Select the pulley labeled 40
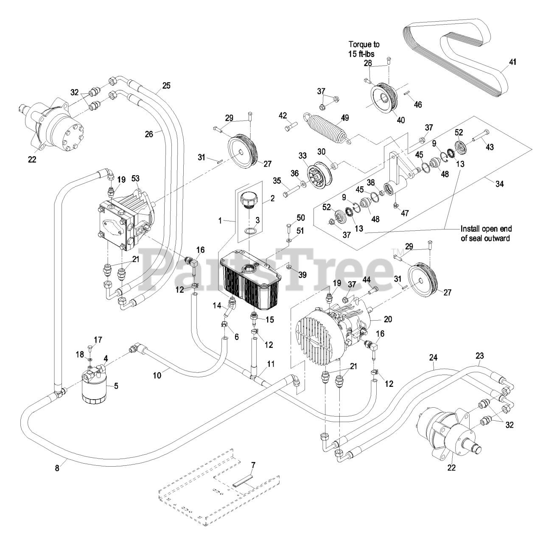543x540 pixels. [x=385, y=101]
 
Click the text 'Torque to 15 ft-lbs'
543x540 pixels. [x=364, y=48]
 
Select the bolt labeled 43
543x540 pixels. [x=480, y=137]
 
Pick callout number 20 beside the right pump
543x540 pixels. [x=388, y=319]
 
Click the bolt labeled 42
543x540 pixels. [x=288, y=126]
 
